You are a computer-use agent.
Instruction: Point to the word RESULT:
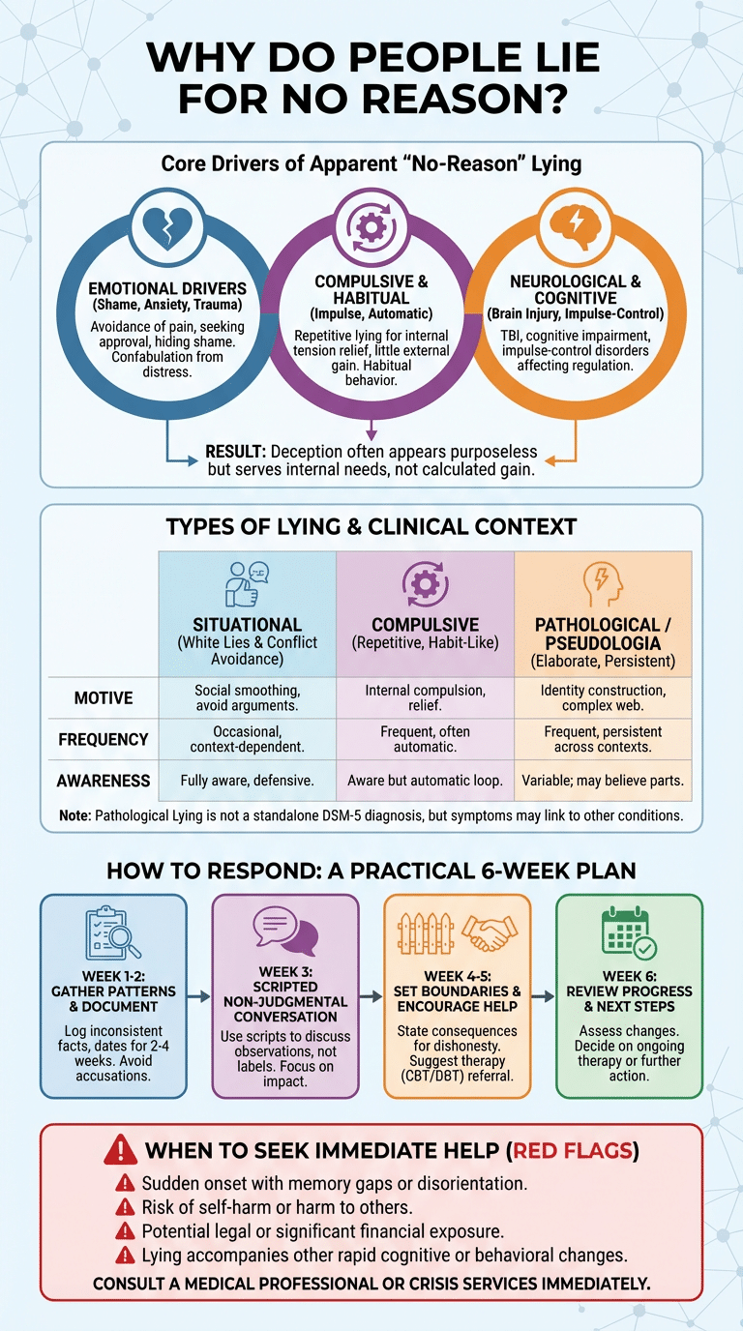click(x=236, y=452)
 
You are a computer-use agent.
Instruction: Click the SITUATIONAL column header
click(x=247, y=625)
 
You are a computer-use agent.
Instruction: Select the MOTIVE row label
click(x=104, y=697)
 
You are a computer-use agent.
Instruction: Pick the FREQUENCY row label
click(x=104, y=740)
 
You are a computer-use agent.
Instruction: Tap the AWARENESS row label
click(x=104, y=781)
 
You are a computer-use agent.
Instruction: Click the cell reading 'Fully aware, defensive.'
click(x=247, y=781)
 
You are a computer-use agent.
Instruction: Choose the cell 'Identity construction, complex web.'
click(x=603, y=698)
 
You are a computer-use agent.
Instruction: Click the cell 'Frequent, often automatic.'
click(x=425, y=740)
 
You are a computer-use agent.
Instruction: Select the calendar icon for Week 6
click(x=629, y=933)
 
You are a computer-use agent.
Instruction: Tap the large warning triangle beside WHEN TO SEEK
click(x=118, y=1151)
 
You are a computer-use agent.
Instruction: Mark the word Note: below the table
click(x=74, y=815)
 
